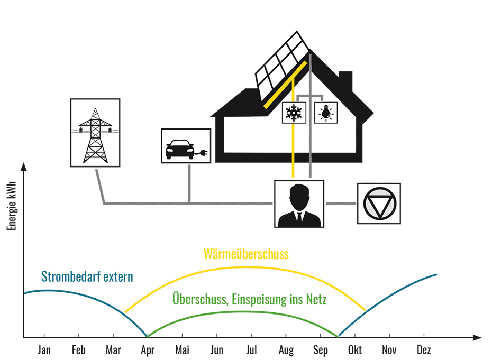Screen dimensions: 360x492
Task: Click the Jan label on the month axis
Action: pos(44,350)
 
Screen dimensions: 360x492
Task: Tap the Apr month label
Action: pos(148,350)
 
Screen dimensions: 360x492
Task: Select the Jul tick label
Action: pos(251,350)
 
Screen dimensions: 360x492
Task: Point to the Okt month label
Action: pos(354,350)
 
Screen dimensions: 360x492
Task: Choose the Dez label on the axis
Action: pos(424,350)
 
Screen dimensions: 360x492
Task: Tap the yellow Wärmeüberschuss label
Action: pos(246,254)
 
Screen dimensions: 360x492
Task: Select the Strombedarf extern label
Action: pos(87,276)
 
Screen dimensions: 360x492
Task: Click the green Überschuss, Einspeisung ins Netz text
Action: pos(250,300)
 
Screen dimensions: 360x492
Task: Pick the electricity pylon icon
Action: pos(95,133)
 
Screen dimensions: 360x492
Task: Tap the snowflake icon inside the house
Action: pos(292,112)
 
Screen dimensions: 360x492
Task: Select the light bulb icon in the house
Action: pos(325,112)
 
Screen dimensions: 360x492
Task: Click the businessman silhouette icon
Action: pos(299,204)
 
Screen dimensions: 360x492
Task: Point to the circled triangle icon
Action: pos(379,204)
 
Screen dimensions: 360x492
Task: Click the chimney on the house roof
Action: pos(346,82)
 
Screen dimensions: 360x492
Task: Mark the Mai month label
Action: pos(182,350)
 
